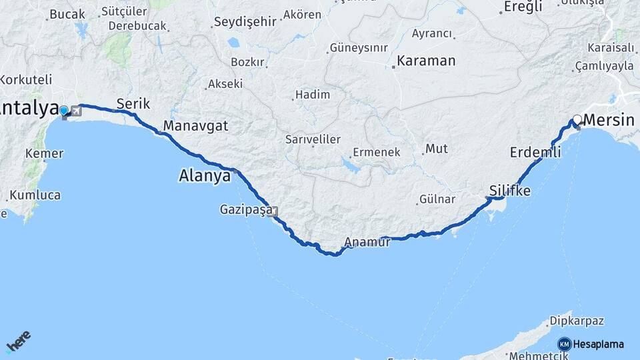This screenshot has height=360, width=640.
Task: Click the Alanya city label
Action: (x=204, y=177)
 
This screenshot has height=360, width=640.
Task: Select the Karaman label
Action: (x=427, y=61)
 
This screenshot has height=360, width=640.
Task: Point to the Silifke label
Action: (x=510, y=191)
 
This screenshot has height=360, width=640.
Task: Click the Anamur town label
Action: (x=367, y=242)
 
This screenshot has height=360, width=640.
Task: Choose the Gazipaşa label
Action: (x=246, y=210)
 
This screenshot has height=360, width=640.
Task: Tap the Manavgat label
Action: (x=195, y=126)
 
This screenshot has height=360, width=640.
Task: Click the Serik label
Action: (x=133, y=104)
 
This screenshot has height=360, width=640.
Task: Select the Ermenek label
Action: (x=377, y=152)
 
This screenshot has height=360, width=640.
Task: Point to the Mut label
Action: (x=437, y=148)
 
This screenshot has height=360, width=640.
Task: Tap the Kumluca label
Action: (x=37, y=195)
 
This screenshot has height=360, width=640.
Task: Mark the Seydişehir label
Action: (x=245, y=22)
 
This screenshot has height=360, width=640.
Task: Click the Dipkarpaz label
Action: (x=578, y=321)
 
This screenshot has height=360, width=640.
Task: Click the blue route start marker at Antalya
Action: (x=63, y=111)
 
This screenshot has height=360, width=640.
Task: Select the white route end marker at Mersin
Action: (x=577, y=119)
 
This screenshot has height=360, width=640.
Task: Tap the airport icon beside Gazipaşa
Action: (x=273, y=212)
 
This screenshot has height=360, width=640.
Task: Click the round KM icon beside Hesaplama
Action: (x=564, y=344)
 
